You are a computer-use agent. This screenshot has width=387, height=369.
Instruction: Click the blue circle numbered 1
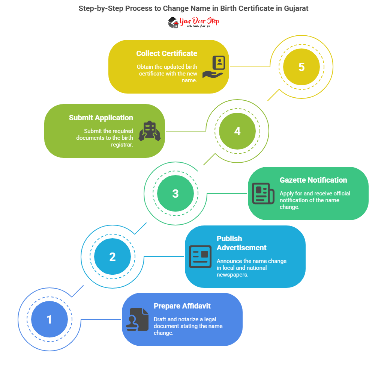(x=49, y=320)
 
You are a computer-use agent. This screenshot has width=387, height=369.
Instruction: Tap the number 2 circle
(x=112, y=257)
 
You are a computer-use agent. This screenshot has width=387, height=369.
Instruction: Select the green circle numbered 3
(x=175, y=194)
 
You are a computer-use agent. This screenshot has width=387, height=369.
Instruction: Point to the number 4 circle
(x=237, y=131)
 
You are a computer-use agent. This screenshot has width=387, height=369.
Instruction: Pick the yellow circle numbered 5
(x=301, y=67)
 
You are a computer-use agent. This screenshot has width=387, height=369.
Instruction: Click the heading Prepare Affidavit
(x=182, y=306)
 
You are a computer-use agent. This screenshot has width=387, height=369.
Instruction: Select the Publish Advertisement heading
(x=241, y=243)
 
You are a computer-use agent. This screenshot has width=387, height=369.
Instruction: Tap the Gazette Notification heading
(x=313, y=180)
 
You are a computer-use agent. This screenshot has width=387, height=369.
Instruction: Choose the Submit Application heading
(x=101, y=118)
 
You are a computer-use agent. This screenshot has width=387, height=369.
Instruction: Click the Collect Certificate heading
(x=166, y=53)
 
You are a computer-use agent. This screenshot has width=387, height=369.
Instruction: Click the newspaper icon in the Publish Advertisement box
(x=200, y=257)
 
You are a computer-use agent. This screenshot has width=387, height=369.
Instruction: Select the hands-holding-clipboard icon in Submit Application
(x=150, y=131)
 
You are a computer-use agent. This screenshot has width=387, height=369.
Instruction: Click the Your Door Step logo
(x=193, y=22)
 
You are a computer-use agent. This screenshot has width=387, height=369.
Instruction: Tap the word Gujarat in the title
(x=295, y=8)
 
